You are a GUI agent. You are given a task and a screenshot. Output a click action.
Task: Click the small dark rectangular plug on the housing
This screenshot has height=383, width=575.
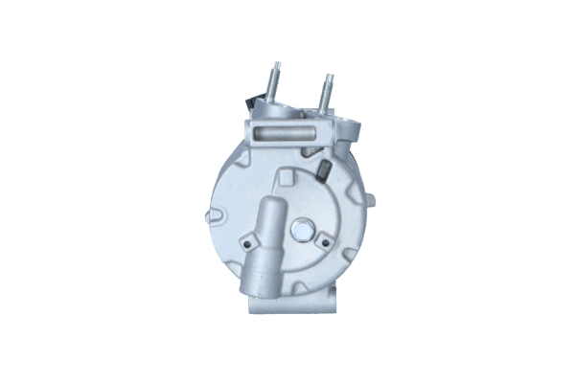tap(324, 172)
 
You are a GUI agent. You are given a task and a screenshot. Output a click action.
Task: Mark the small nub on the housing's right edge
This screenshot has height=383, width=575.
tap(370, 201)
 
